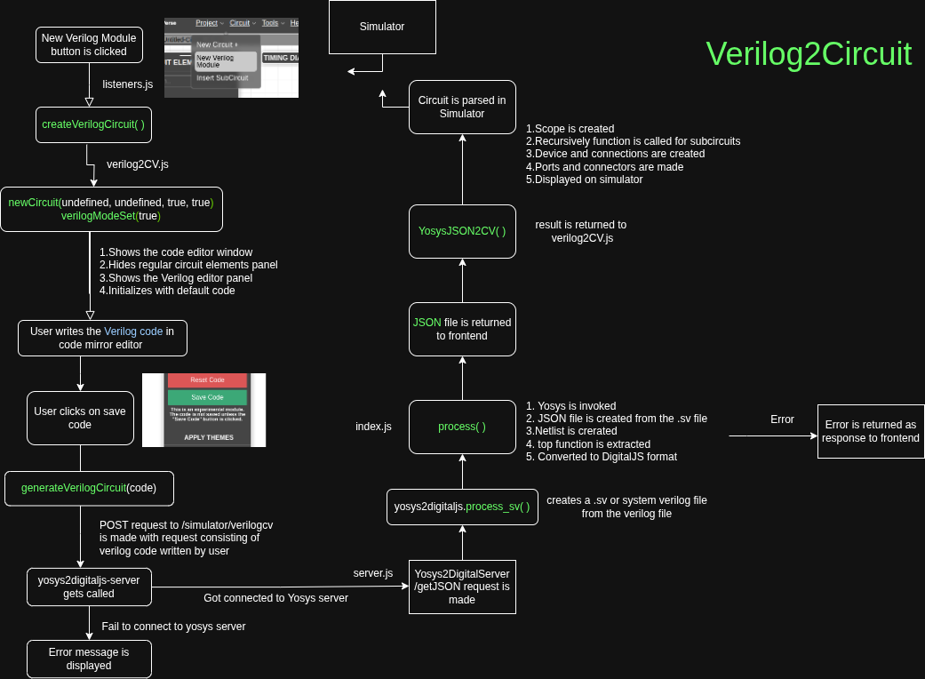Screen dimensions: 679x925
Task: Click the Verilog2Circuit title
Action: [x=809, y=53]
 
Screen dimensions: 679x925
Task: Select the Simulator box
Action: [x=382, y=27]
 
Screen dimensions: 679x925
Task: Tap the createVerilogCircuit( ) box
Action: [x=92, y=124]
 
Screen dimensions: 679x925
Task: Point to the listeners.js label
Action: [x=128, y=84]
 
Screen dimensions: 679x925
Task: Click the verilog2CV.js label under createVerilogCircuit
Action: [x=138, y=164]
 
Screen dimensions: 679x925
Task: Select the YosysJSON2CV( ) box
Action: [x=462, y=231]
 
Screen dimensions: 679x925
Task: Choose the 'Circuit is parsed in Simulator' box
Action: [x=462, y=107]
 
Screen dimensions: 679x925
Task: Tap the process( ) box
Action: [x=462, y=427]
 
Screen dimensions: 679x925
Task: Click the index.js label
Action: [x=373, y=427]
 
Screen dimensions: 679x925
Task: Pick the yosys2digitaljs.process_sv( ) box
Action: [x=462, y=507]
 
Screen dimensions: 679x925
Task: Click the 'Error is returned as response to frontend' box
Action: [x=870, y=431]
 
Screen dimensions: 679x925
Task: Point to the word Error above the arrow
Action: [x=782, y=419]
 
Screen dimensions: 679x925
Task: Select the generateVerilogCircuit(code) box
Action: [x=88, y=488]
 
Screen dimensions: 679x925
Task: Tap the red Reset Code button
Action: [x=207, y=379]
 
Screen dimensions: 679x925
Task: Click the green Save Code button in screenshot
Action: [x=207, y=397]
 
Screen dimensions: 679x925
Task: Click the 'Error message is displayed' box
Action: [x=89, y=659]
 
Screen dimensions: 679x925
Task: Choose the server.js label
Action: [x=373, y=573]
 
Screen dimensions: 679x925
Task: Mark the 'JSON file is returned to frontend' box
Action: [x=462, y=329]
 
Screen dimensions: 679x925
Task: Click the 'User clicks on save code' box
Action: [x=80, y=418]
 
